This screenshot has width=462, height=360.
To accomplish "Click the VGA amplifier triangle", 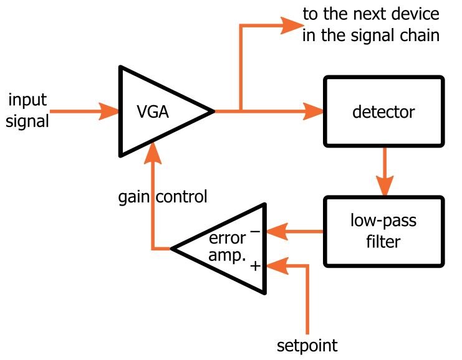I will [156, 112].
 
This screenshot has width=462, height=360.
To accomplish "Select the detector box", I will [383, 113].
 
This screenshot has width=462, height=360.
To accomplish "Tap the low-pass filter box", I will [383, 232].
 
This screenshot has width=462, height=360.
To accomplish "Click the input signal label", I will [27, 110].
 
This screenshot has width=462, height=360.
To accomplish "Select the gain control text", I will [162, 197].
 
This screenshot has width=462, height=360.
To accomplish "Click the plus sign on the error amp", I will [254, 265].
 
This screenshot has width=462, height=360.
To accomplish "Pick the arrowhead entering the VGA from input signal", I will [110, 112].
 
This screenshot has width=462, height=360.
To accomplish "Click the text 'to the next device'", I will [370, 14].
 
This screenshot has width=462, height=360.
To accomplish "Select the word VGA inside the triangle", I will [153, 113].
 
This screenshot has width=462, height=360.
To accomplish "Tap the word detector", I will [383, 113].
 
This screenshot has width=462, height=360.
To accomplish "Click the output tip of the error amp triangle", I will [173, 248].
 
